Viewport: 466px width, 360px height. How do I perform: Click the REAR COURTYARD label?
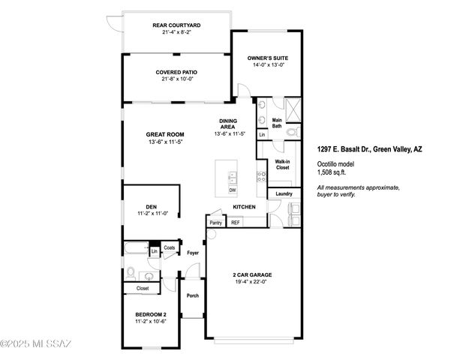tap(175, 25)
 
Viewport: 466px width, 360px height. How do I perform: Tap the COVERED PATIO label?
tap(175, 72)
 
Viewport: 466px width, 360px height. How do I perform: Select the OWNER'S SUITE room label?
tap(268, 58)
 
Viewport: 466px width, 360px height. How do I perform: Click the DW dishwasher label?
tap(233, 190)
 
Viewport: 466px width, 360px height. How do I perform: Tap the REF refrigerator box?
tap(235, 223)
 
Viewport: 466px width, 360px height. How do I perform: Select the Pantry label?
tap(216, 223)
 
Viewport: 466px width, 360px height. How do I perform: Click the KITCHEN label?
tap(245, 207)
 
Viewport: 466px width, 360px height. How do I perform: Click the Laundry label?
tap(284, 193)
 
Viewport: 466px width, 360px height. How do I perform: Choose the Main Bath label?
tap(277, 123)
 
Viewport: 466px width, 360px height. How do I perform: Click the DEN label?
tap(151, 207)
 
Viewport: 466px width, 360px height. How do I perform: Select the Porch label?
tap(192, 295)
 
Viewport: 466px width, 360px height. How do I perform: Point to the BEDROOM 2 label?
tap(151, 314)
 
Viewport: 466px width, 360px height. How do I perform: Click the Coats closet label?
tap(169, 247)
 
